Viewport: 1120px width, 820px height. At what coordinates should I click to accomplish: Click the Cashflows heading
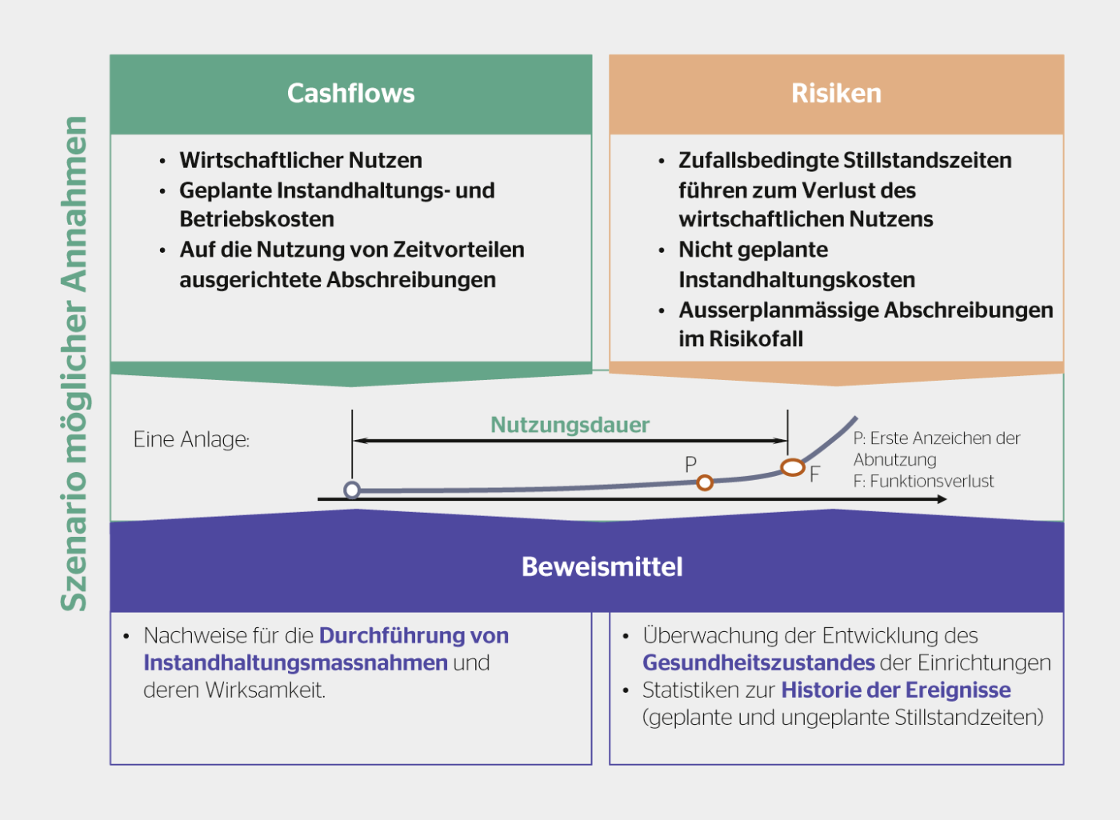[350, 94]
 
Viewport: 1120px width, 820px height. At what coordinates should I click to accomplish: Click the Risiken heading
[836, 94]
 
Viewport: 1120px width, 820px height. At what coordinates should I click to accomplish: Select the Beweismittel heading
[602, 566]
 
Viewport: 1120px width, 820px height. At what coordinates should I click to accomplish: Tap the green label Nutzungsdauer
[570, 425]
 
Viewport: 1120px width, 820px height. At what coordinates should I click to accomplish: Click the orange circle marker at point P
[705, 482]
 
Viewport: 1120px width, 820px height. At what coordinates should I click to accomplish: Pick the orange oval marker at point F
[792, 467]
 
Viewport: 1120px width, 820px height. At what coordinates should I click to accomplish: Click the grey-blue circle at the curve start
[352, 490]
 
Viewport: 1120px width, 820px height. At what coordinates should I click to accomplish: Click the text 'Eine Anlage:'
[191, 439]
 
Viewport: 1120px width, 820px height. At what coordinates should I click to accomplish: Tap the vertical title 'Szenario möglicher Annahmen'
[74, 364]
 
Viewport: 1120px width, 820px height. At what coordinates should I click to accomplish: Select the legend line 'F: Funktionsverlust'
[923, 481]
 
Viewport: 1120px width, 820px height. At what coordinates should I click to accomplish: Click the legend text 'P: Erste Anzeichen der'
[936, 438]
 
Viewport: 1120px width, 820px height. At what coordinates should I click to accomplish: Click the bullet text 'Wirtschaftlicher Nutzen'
[301, 160]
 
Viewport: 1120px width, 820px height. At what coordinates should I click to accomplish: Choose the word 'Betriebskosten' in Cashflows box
[257, 219]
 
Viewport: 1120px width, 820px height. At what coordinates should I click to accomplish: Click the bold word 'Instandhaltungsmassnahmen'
[295, 662]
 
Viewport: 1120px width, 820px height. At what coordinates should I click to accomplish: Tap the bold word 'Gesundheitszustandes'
[758, 662]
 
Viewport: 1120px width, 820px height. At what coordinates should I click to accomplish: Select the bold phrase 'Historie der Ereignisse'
[896, 690]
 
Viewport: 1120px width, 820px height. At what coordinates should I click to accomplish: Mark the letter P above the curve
[690, 464]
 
